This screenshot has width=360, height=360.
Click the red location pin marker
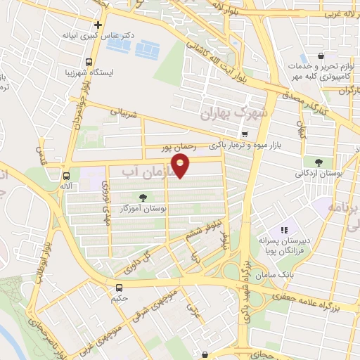[181, 166]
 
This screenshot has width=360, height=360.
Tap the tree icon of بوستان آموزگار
[144, 198]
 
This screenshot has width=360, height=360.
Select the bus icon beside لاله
[66, 176]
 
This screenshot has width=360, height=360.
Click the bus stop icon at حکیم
[120, 287]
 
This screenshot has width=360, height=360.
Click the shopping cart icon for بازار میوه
[244, 134]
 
